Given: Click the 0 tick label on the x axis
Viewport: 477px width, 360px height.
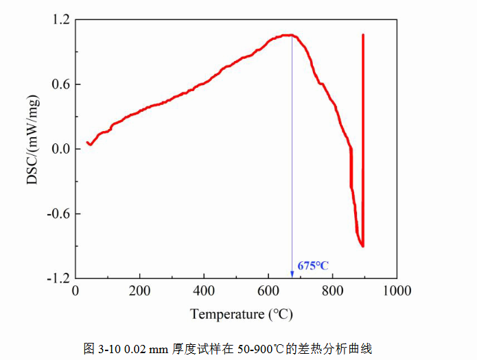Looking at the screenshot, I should (x=75, y=291).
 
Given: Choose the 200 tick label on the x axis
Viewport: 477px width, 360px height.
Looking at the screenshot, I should (x=140, y=291).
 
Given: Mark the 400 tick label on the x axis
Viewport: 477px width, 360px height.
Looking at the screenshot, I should (x=205, y=291).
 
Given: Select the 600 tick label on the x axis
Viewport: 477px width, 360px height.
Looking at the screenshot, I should (x=268, y=291).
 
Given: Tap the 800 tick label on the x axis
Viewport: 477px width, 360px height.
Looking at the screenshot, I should (x=333, y=291).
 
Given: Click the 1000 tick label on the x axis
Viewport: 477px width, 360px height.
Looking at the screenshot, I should (x=397, y=291).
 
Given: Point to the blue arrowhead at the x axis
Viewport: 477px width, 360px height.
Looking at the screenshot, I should (x=292, y=274).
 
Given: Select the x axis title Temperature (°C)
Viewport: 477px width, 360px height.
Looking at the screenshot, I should (x=242, y=314).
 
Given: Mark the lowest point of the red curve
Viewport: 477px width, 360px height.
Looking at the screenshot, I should (x=362, y=246).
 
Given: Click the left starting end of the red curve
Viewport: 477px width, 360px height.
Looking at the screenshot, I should (x=87, y=143).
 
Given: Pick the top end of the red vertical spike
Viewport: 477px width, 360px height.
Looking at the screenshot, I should (x=363, y=34).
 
